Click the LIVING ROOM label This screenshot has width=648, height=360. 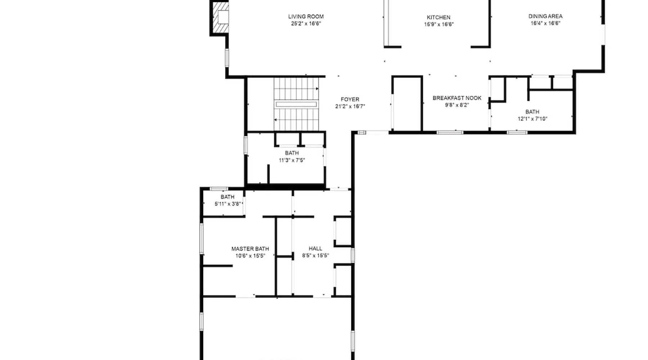coord(306,17)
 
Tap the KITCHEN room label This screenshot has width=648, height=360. coord(438,17)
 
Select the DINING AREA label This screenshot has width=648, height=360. coord(545,16)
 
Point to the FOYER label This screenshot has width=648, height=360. coord(350,99)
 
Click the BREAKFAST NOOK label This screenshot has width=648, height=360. coord(457,98)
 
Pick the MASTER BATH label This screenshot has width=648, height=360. coord(250,249)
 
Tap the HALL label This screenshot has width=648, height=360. coord(315,248)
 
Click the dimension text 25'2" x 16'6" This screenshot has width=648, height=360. coord(306,24)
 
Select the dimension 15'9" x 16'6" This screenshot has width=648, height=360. coord(439,24)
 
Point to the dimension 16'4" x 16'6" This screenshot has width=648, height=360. coord(545,23)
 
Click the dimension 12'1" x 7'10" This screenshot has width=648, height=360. coord(532,119)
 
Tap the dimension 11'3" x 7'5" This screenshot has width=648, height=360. coord(292,160)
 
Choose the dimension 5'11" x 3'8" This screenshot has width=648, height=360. coord(228,204)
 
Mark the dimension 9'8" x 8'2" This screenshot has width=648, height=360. coord(457,105)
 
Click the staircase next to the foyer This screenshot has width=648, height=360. coord(296,104)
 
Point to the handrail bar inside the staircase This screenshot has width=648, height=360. coord(296,104)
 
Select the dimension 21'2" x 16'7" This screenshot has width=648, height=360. coord(350,107)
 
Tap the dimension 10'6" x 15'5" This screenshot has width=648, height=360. coord(250,256)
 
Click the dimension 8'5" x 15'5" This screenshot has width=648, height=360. coord(315,256)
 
